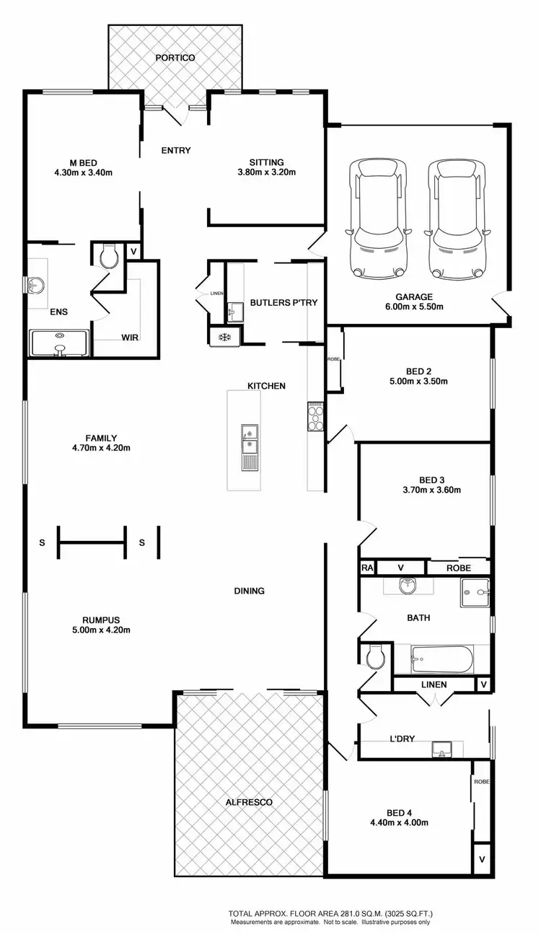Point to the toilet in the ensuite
pyautogui.click(x=109, y=257)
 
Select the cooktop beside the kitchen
pyautogui.click(x=315, y=416)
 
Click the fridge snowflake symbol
pyautogui.click(x=224, y=337)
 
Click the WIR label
pyautogui.click(x=130, y=337)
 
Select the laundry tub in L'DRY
pyautogui.click(x=442, y=749)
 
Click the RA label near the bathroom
pyautogui.click(x=367, y=568)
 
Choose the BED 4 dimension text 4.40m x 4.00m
pyautogui.click(x=399, y=822)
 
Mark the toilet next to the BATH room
pyautogui.click(x=374, y=657)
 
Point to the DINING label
pyautogui.click(x=249, y=591)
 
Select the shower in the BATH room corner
pyautogui.click(x=475, y=593)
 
